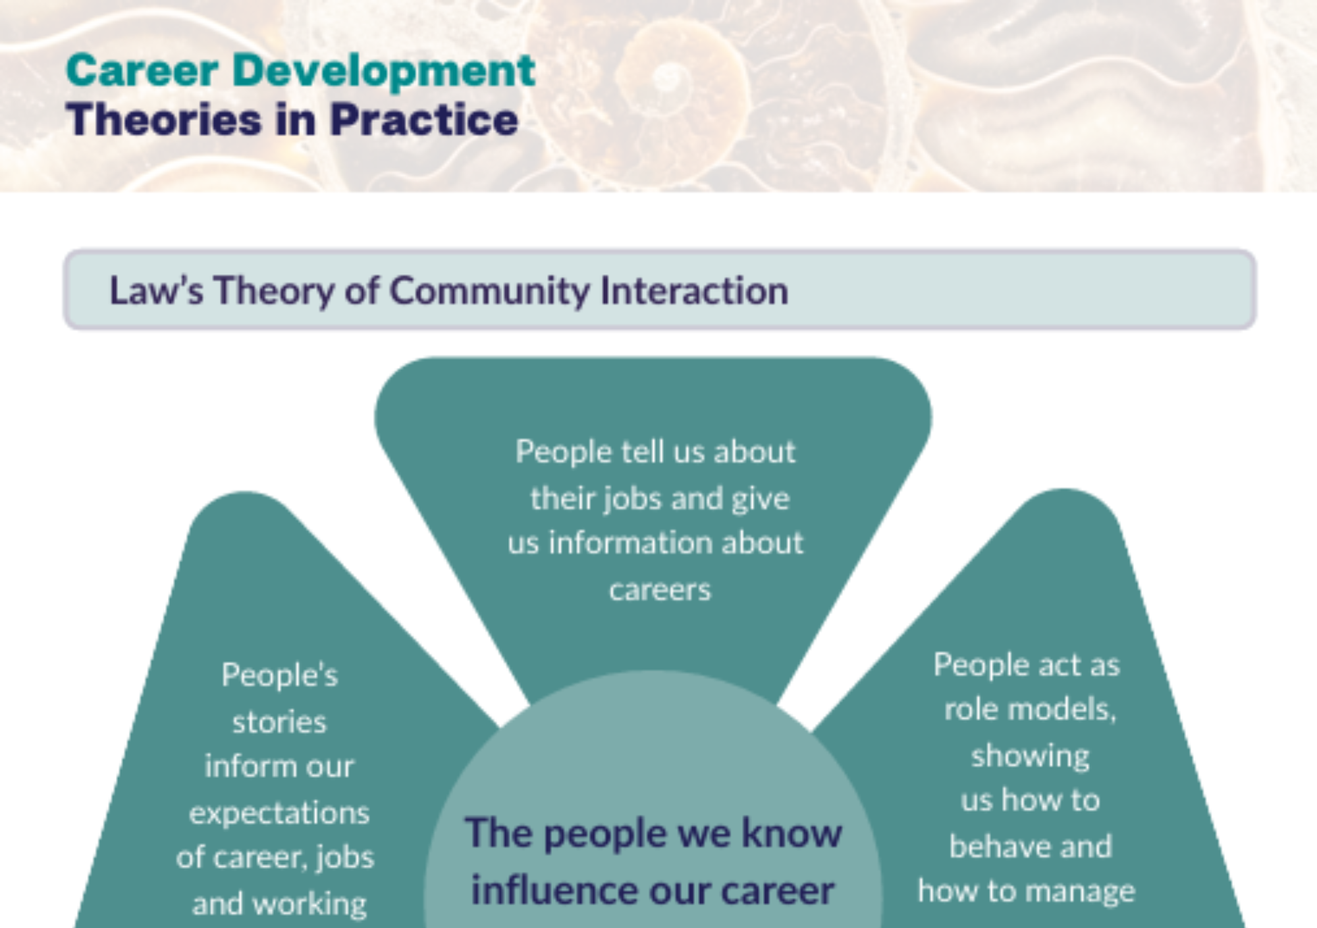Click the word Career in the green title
click(142, 70)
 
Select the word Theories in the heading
click(164, 120)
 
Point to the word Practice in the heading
click(423, 120)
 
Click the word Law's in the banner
click(156, 290)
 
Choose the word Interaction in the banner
click(694, 290)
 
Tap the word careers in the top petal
click(660, 590)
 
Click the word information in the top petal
click(630, 543)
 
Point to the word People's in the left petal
click(280, 675)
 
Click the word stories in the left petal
click(279, 723)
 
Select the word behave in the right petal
click(992, 846)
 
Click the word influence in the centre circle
click(555, 890)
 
